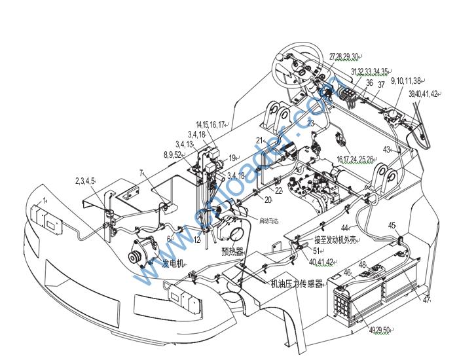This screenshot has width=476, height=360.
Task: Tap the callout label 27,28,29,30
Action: coord(345,56)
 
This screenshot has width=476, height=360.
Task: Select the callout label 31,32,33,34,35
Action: coord(369,71)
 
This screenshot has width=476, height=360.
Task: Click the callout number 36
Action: coord(369,83)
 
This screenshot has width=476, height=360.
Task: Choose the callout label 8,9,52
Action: coord(173,154)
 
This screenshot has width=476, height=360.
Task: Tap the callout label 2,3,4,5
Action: coord(84,180)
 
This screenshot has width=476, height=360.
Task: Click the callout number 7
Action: coord(141,173)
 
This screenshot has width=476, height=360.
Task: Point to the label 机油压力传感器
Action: coord(297,284)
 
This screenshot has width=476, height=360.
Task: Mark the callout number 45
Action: coord(392,225)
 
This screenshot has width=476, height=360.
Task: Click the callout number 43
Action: coord(386,149)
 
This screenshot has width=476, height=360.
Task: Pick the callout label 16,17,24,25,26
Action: coord(356,159)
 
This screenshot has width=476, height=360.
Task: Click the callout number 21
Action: coord(259,140)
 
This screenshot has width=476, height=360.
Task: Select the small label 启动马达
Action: coord(269,221)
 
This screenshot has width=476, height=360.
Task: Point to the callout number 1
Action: coord(45,199)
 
